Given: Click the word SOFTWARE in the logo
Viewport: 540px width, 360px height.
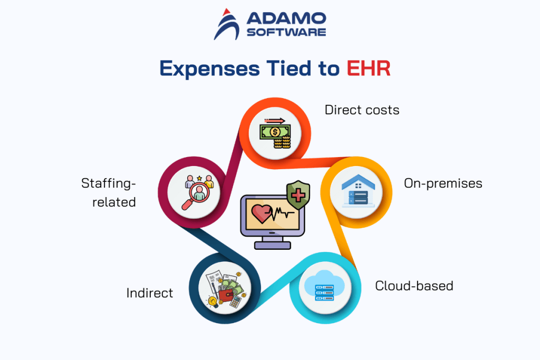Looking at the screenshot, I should point(286,32).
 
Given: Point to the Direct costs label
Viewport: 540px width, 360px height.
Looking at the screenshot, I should point(362,110).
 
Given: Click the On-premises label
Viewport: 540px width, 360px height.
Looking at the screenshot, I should point(443,183).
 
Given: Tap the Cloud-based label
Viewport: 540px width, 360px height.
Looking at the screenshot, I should point(414,286).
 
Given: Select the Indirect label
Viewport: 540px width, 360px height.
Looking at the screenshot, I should point(150,293).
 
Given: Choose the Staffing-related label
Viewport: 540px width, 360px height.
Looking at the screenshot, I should point(109,192).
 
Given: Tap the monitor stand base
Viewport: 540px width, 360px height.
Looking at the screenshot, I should point(272,245).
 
